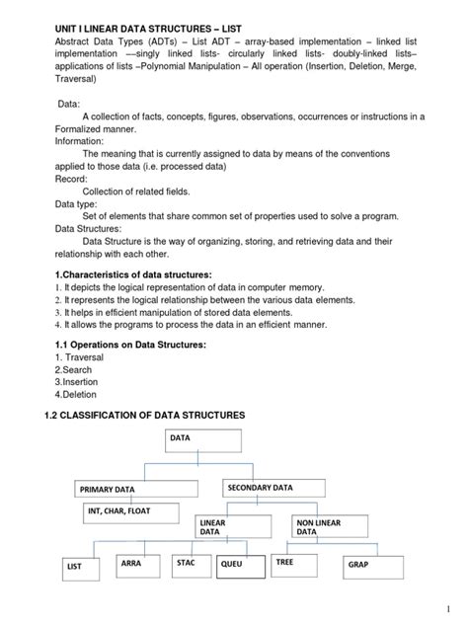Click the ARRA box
tap(140, 565)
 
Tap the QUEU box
tap(242, 566)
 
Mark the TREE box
tap(303, 565)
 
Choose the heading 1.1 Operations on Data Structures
tap(129, 344)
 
